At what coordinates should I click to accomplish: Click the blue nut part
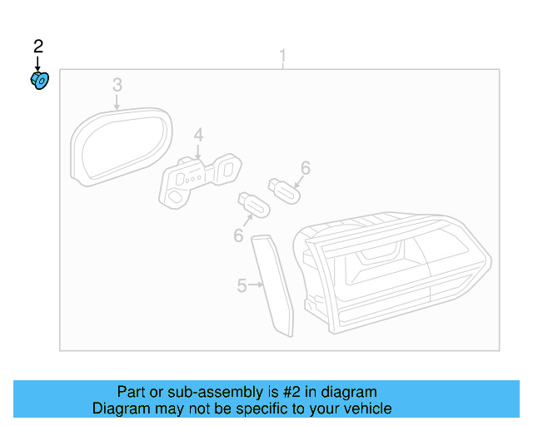pos(40,82)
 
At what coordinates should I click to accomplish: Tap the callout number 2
pos(37,46)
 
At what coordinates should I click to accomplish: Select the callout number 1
pos(282,57)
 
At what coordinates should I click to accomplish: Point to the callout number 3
pos(117,84)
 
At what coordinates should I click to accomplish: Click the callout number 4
pos(199,135)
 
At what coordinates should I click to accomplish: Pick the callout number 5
pos(241,286)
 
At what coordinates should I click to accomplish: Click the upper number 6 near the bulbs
pos(306,168)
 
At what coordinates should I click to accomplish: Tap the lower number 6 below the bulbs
pos(238,236)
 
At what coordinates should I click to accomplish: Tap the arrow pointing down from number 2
pos(37,63)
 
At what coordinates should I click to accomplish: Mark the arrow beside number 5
pos(255,286)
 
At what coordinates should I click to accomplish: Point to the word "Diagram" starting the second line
pos(122,409)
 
